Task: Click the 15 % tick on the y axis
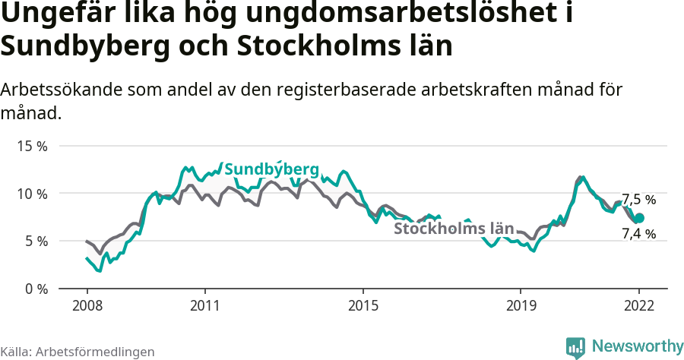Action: (x=32, y=146)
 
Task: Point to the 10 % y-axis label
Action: (x=32, y=194)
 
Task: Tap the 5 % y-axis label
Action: (x=36, y=241)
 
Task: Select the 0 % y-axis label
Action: (x=36, y=289)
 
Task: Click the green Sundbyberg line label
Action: (x=271, y=169)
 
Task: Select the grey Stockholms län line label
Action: (x=454, y=229)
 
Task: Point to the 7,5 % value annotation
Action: (x=638, y=200)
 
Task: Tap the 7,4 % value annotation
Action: (x=638, y=234)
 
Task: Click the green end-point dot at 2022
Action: (x=639, y=218)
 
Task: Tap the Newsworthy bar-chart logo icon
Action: (x=575, y=347)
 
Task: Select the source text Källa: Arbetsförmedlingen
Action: (x=78, y=352)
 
